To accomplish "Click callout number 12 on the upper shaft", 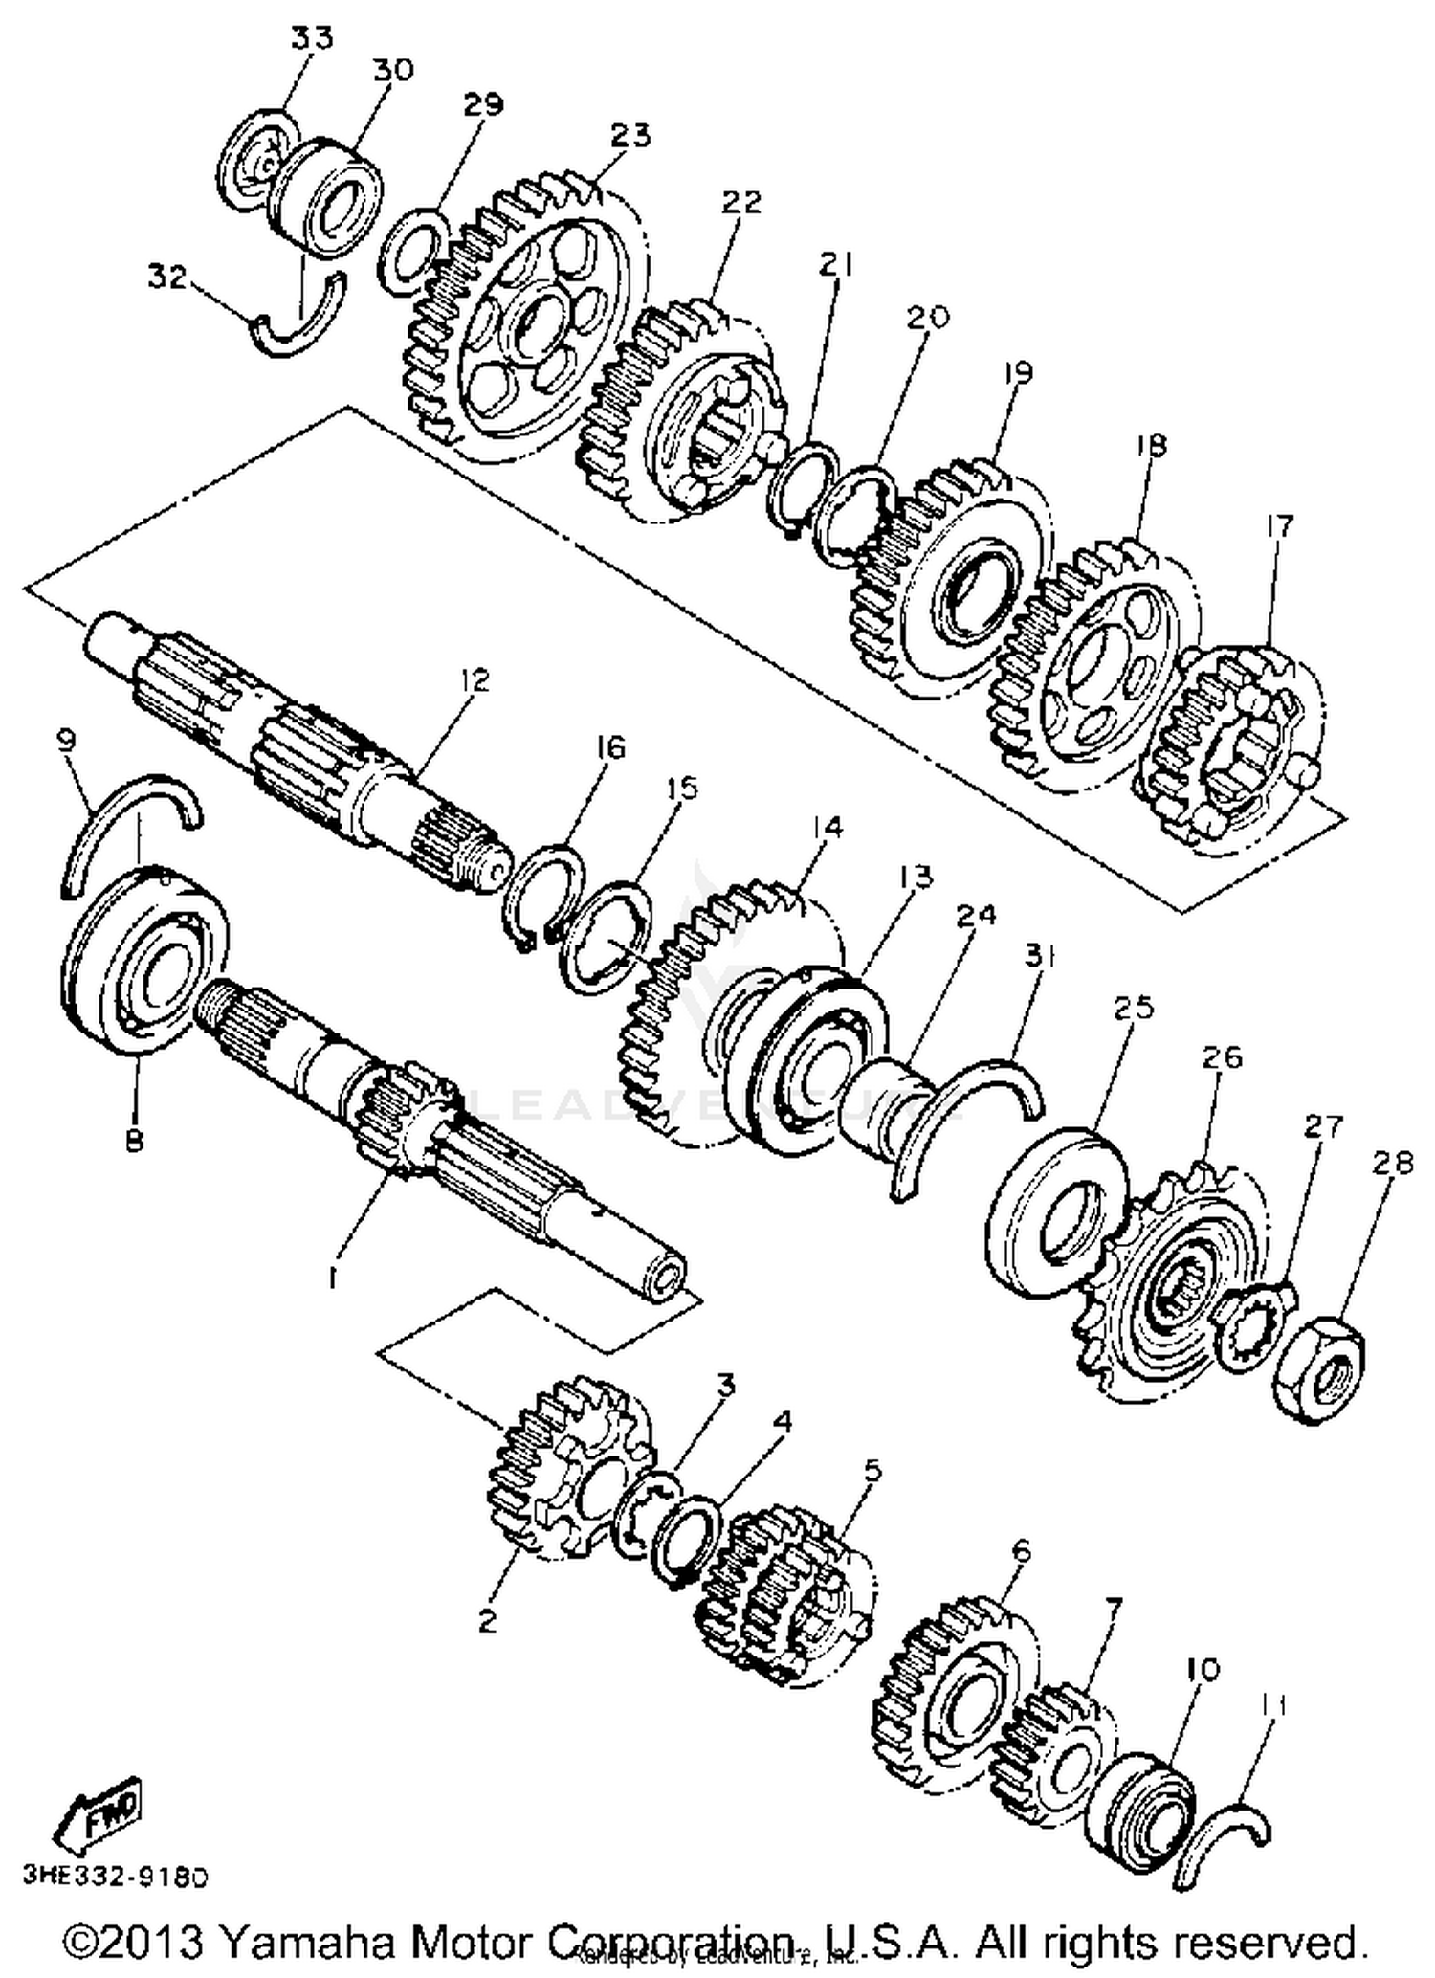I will click(x=473, y=679).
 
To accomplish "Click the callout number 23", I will click(x=630, y=135).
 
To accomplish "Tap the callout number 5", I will click(x=872, y=1469).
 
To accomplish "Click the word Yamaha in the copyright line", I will click(x=310, y=1943).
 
